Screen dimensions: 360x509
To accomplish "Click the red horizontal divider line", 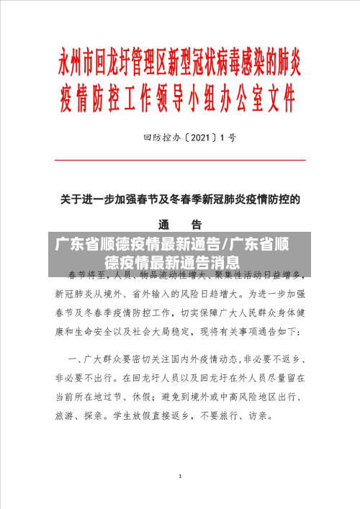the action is point(180,160).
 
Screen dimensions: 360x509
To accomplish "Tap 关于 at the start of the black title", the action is point(70,179).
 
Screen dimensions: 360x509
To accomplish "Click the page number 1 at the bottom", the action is point(180,477).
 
